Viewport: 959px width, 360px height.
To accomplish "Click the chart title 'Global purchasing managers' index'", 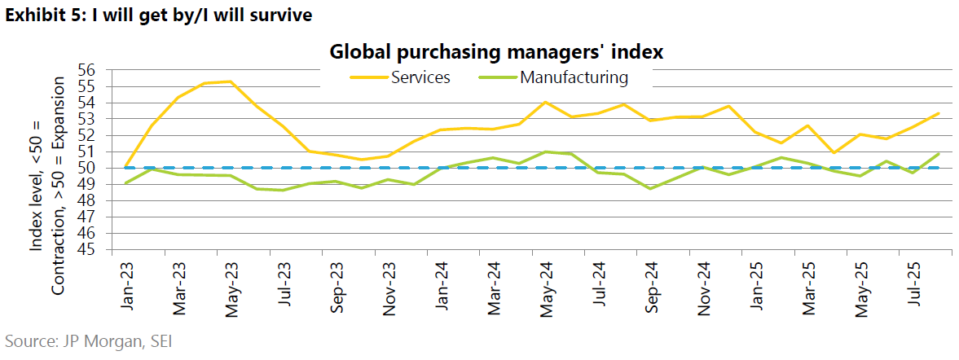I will [496, 52].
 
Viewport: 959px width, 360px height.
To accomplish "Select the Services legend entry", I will [420, 77].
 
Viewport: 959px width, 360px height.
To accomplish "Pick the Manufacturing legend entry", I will [574, 77].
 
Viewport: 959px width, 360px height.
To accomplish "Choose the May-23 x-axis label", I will [231, 283].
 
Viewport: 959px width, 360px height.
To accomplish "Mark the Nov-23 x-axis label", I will [388, 283].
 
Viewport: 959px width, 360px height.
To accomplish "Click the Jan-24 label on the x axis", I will [441, 283].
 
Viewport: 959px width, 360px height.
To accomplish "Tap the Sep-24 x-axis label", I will [650, 283].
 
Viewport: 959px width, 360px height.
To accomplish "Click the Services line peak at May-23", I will [231, 81].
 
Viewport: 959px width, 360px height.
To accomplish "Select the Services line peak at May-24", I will [545, 102].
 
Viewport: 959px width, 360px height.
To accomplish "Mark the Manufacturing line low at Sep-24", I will [650, 188].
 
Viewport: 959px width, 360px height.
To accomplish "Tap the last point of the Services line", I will [939, 113].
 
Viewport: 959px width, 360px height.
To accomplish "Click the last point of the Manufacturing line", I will [939, 153].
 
